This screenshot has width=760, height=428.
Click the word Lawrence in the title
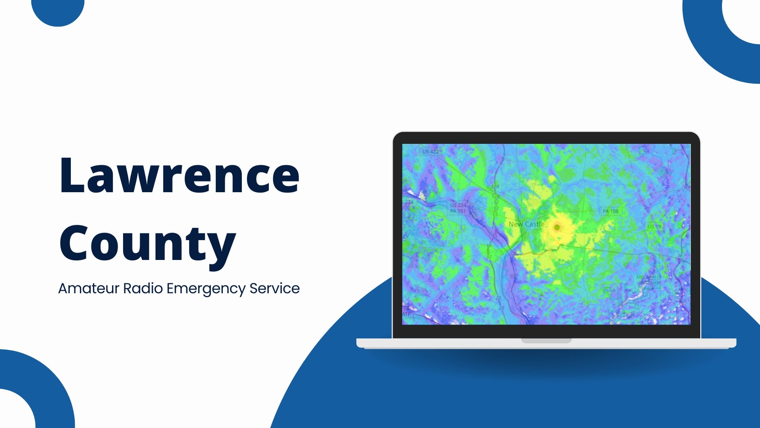click(179, 175)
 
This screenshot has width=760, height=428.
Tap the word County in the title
click(147, 243)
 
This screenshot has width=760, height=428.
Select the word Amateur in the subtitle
click(89, 289)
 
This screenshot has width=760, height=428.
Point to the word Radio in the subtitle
click(142, 289)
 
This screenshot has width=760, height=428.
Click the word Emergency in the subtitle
click(206, 289)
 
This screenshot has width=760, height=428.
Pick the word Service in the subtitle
click(274, 289)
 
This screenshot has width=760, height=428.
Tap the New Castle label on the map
click(526, 224)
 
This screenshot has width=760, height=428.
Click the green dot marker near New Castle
click(557, 227)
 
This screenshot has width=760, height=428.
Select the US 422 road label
click(430, 151)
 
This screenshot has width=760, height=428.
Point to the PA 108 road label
click(610, 211)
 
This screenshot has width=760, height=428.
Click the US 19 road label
click(654, 227)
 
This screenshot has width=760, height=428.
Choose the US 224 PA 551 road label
click(458, 208)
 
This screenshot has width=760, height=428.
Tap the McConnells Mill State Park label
click(649, 283)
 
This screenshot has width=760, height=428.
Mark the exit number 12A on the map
click(495, 186)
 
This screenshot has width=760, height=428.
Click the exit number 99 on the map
click(680, 260)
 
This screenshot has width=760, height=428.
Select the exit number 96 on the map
click(682, 302)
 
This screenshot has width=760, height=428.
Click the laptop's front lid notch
click(546, 341)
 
